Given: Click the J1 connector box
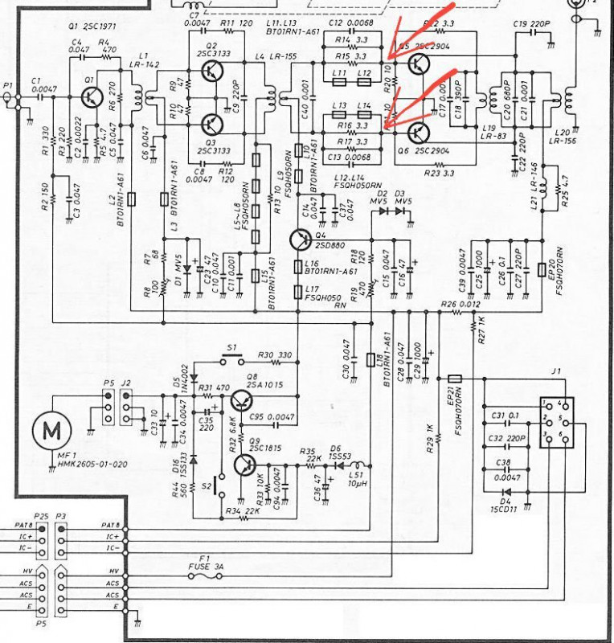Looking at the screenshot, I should click(555, 423).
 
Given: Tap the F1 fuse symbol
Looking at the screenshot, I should click(207, 574).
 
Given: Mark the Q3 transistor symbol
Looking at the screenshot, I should click(211, 124).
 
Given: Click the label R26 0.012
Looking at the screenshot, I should click(459, 304).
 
